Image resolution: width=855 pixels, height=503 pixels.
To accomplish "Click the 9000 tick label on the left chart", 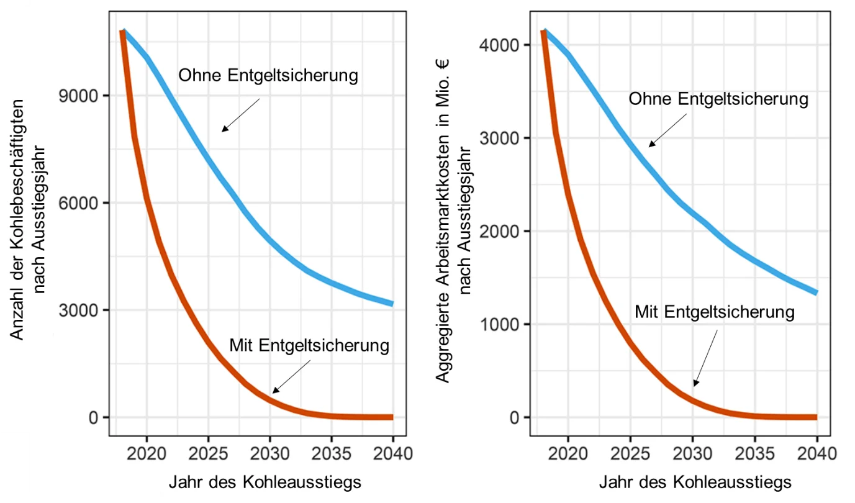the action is tap(78, 96).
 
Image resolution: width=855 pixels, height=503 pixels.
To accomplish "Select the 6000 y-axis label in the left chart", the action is tap(78, 203).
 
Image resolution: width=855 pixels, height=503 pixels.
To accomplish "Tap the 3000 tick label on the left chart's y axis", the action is tap(78, 310).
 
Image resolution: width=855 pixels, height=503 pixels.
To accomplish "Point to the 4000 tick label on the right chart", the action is tap(499, 45).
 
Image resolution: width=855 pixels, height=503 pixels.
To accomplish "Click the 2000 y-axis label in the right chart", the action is tap(499, 231).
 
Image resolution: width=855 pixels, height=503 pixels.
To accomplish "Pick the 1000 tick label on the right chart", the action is tap(499, 324).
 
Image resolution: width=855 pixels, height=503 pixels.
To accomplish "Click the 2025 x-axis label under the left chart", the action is tap(208, 454).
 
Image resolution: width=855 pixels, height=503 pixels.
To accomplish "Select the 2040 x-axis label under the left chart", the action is tap(393, 454).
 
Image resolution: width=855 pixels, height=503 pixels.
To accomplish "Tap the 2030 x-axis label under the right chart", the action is tap(692, 454).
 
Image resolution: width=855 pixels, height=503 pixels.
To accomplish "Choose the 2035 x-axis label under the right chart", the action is tap(754, 454).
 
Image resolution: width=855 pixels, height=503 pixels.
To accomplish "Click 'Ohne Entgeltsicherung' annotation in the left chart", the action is tap(268, 76).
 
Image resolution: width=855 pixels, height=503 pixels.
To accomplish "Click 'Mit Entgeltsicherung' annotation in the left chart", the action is tap(309, 346).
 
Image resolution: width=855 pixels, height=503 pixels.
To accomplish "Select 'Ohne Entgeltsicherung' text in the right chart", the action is tap(719, 99).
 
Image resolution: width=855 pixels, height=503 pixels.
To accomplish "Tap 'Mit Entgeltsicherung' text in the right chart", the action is tap(715, 312).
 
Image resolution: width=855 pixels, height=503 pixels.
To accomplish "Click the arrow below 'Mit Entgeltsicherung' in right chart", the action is tap(706, 358).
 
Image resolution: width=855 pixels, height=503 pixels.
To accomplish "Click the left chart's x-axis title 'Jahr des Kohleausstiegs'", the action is tap(265, 483).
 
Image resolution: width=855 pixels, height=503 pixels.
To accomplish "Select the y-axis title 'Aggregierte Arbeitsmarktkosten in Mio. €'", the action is tap(443, 220).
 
